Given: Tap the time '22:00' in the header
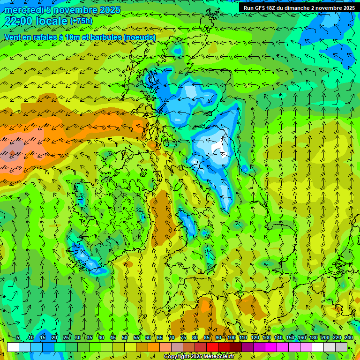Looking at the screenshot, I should coord(19,21).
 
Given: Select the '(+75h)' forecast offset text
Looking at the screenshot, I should coord(81,21).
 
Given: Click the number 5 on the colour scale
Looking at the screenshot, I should coord(17,338).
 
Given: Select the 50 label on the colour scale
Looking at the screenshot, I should coord(125,338).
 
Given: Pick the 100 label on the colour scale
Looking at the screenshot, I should coord(232,338).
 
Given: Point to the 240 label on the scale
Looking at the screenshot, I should coord(349,338).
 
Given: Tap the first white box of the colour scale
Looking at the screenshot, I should coord(13,347).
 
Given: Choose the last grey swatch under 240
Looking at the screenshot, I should coord(341,347).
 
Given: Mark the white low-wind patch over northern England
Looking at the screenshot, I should coord(217,145).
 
